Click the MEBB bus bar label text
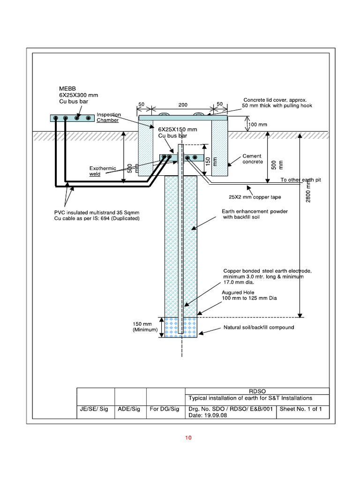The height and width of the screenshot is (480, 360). (x=78, y=95)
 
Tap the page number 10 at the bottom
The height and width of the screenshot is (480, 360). (x=188, y=438)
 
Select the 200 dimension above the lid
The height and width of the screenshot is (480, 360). (x=183, y=105)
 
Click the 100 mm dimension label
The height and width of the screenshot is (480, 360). (x=257, y=125)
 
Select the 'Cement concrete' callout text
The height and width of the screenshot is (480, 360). (x=252, y=159)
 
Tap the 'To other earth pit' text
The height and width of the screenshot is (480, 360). (x=302, y=180)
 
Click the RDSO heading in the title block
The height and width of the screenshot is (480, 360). (x=257, y=391)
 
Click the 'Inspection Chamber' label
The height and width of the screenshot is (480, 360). (x=109, y=117)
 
